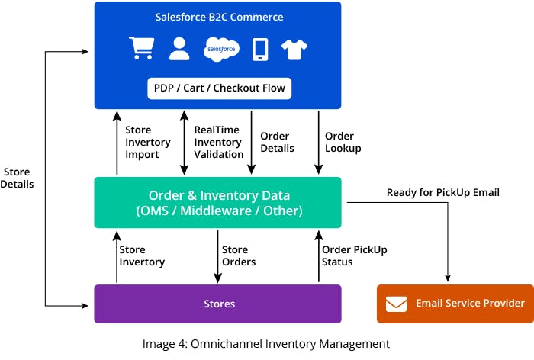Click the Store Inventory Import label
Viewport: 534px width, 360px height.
pyautogui.click(x=143, y=142)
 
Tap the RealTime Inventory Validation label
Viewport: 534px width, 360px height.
pyautogui.click(x=218, y=142)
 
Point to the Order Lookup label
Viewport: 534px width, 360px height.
pyautogui.click(x=340, y=142)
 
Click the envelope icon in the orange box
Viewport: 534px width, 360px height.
pyautogui.click(x=396, y=304)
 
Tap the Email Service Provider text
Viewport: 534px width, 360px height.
pyautogui.click(x=470, y=304)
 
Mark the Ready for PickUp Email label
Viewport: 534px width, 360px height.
pyautogui.click(x=442, y=192)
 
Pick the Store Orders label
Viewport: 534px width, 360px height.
pyautogui.click(x=239, y=256)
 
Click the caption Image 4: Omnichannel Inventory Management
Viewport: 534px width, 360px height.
pyautogui.click(x=266, y=344)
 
